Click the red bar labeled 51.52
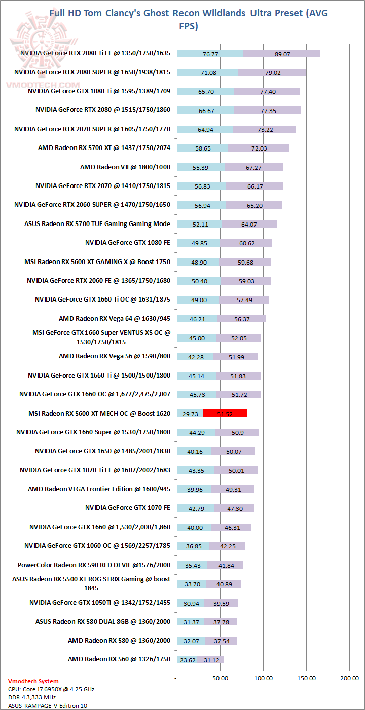pyautogui.click(x=225, y=414)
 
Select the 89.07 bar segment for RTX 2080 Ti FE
pyautogui.click(x=281, y=54)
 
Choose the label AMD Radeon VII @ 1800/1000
pyautogui.click(x=125, y=167)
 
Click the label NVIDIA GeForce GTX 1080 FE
pyautogui.click(x=128, y=243)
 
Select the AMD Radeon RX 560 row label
pyautogui.click(x=119, y=659)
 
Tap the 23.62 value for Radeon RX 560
pyautogui.click(x=188, y=660)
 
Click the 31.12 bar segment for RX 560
pyautogui.click(x=211, y=660)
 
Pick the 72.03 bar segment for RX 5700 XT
pyautogui.click(x=259, y=148)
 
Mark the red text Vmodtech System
pyautogui.click(x=33, y=681)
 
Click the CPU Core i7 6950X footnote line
pyautogui.click(x=51, y=689)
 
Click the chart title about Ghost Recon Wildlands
pyautogui.click(x=188, y=19)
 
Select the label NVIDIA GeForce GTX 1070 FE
pyautogui.click(x=128, y=508)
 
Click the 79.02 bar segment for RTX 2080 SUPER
pyautogui.click(x=272, y=72)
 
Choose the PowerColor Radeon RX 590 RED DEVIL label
pyautogui.click(x=94, y=565)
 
